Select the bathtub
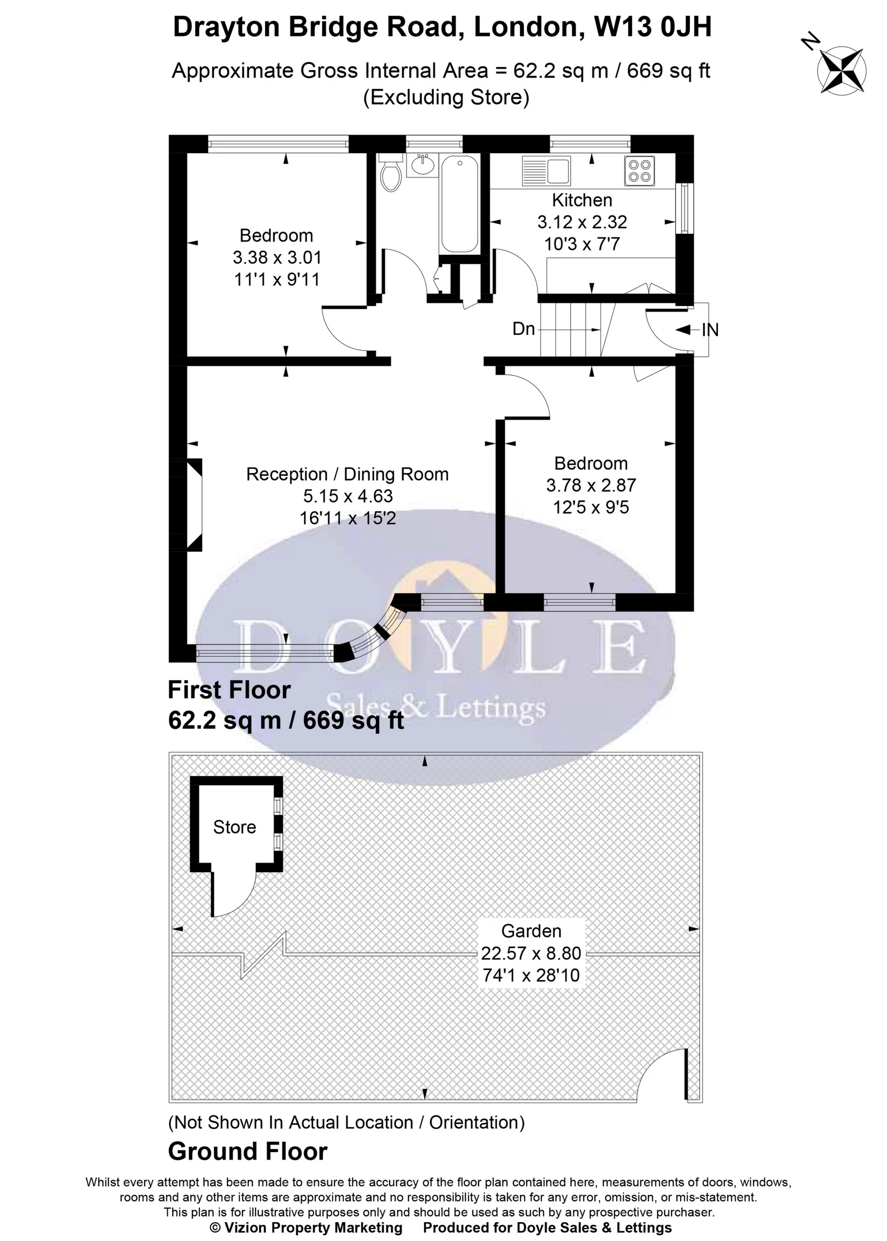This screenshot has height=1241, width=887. [459, 204]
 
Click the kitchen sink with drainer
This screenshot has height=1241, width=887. [546, 170]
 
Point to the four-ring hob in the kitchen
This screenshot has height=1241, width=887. [640, 170]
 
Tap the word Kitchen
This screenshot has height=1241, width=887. [582, 200]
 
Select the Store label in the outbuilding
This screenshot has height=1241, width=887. [234, 827]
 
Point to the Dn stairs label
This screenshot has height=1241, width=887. [523, 329]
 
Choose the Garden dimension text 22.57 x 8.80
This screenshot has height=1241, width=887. [531, 953]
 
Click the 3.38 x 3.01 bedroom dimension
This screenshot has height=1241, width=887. [277, 257]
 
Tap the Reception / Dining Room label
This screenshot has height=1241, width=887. [347, 474]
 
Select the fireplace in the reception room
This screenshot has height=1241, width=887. [194, 504]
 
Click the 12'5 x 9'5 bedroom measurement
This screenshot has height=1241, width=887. [591, 507]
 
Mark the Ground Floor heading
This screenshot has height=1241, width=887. [247, 1152]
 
